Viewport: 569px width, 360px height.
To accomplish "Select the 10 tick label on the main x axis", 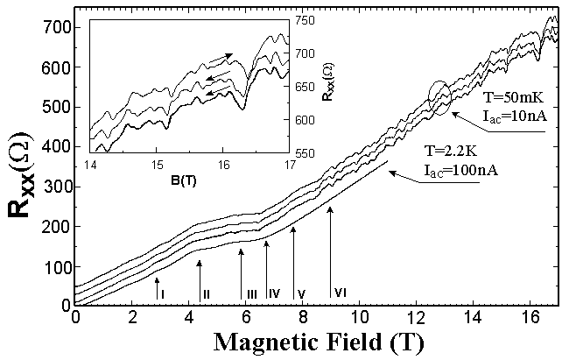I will click(359, 316).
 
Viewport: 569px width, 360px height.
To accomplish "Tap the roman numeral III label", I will click(251, 293).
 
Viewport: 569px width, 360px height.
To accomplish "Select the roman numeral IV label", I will click(273, 293).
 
